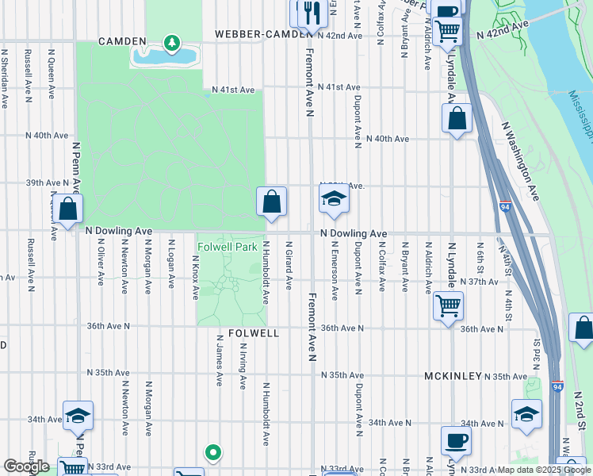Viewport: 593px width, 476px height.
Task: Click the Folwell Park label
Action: (x=227, y=247)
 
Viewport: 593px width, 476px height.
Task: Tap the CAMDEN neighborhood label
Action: (x=122, y=40)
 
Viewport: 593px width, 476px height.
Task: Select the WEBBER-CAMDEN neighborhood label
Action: (x=254, y=35)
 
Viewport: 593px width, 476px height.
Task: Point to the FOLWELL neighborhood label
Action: (x=253, y=333)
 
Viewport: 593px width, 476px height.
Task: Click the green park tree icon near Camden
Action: (x=170, y=41)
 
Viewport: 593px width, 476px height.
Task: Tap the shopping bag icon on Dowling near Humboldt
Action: (x=271, y=202)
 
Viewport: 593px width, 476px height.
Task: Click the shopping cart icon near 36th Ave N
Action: (x=448, y=305)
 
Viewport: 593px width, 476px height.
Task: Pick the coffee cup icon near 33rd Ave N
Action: (x=456, y=440)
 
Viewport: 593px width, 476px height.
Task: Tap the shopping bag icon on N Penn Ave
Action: (x=68, y=209)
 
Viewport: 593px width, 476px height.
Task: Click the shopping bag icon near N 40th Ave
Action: (x=457, y=119)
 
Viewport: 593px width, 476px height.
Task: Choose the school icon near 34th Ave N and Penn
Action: (x=78, y=416)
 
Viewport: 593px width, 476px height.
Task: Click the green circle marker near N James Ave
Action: (x=212, y=453)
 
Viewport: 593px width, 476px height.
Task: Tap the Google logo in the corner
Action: (x=26, y=466)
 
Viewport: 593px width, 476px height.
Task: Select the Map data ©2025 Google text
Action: (x=543, y=470)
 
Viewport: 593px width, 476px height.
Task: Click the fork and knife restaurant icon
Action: (x=307, y=12)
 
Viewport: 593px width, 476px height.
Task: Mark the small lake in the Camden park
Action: (x=165, y=56)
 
